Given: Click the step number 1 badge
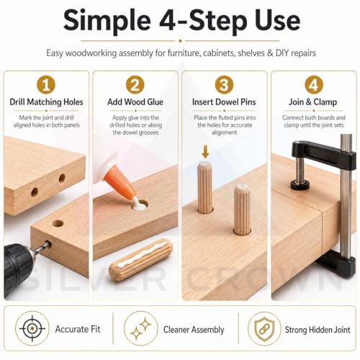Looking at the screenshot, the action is [46, 85].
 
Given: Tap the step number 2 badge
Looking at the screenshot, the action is [135, 85].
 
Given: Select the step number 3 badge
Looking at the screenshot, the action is [224, 85].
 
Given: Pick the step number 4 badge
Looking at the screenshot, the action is [314, 85].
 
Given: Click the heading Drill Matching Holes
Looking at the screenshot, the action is [46, 102].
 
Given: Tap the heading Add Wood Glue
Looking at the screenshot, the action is [135, 102].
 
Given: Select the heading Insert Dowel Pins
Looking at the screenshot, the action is [224, 102].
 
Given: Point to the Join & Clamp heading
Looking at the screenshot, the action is [312, 102].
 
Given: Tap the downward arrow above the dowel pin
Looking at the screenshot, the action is [205, 152].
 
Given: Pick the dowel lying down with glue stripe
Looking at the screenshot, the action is [141, 257].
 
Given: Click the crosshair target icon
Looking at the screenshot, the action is [32, 328].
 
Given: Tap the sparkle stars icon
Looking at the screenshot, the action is [141, 328].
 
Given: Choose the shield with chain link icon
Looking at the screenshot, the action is [264, 328].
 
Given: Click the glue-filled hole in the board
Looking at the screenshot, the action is [140, 206].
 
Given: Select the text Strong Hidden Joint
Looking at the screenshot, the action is [318, 330].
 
